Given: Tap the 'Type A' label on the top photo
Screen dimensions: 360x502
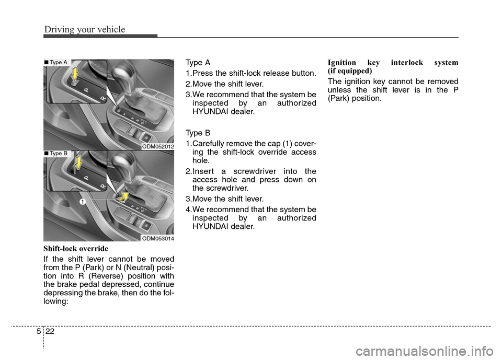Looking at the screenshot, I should (x=57, y=63).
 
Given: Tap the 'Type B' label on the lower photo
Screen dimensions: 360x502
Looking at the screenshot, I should (x=57, y=154).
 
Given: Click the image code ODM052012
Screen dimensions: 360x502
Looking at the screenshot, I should (x=158, y=147).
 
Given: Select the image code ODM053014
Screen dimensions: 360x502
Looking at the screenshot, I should (x=158, y=238).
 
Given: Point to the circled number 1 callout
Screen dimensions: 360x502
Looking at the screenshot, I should (x=83, y=201).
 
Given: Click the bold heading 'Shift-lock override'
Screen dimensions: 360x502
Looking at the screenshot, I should (x=75, y=248).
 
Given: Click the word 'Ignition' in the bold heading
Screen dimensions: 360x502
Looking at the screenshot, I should (x=343, y=62).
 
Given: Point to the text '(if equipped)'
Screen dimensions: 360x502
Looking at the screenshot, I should (x=349, y=70).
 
